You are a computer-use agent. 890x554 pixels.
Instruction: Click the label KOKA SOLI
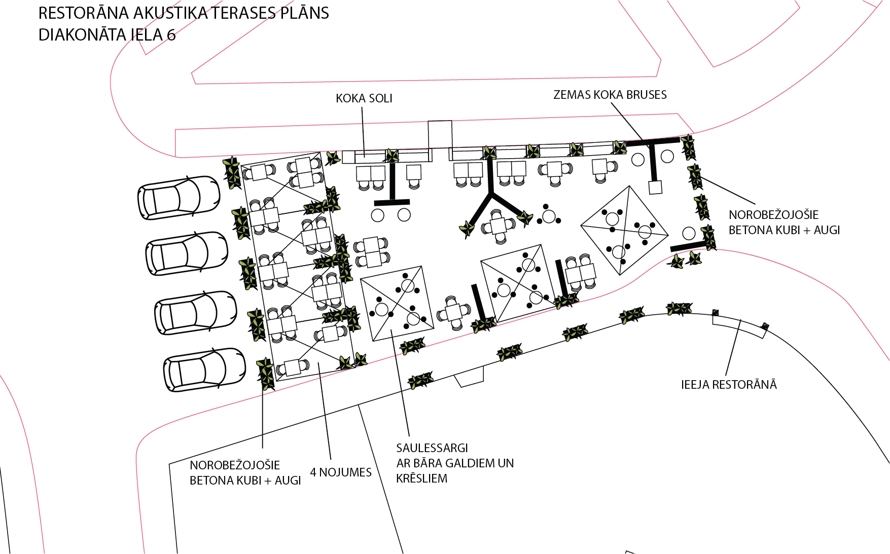(x=364, y=98)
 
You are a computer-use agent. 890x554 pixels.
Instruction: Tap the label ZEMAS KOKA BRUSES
(x=610, y=95)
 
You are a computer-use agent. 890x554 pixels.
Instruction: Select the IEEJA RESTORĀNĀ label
(x=729, y=385)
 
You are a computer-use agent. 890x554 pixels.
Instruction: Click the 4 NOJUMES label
(x=341, y=472)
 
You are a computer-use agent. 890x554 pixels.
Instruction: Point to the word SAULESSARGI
(x=432, y=448)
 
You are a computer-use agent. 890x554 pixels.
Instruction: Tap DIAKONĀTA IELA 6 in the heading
(x=107, y=35)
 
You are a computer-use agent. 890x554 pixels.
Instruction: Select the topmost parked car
(x=179, y=198)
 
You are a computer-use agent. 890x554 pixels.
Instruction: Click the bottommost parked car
(x=204, y=370)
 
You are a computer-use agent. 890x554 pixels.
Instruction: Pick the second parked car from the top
(x=187, y=253)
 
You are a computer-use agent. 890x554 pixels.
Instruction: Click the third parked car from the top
(x=195, y=313)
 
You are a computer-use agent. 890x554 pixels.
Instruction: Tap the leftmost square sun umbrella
(x=398, y=303)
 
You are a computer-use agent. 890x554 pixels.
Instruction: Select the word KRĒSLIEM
(x=422, y=478)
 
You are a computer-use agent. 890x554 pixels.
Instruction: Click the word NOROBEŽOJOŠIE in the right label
(x=773, y=215)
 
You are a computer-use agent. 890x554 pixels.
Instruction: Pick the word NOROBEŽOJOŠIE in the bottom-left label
(x=235, y=465)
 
